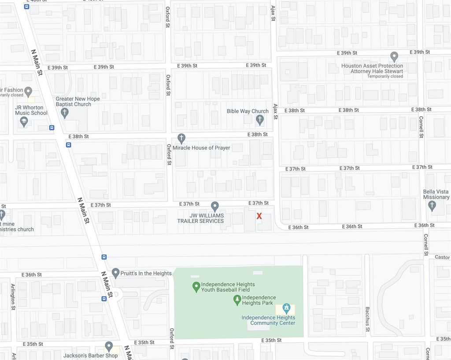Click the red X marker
[x=259, y=216]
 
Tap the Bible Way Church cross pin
[x=260, y=119]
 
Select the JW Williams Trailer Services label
[x=200, y=218]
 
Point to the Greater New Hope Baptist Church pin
[x=65, y=113]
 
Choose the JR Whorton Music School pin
[x=24, y=121]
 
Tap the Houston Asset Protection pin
[x=394, y=57]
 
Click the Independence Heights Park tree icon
[x=237, y=300]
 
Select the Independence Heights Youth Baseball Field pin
[x=196, y=287]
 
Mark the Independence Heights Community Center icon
[x=286, y=308]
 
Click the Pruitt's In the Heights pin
[x=115, y=273]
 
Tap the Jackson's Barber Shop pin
[x=109, y=346]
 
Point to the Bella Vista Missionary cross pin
[x=432, y=205]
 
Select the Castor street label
[x=442, y=257]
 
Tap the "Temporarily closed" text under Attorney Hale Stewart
[x=385, y=76]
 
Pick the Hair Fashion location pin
[x=29, y=92]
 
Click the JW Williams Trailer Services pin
[x=215, y=206]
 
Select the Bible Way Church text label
[x=248, y=111]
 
